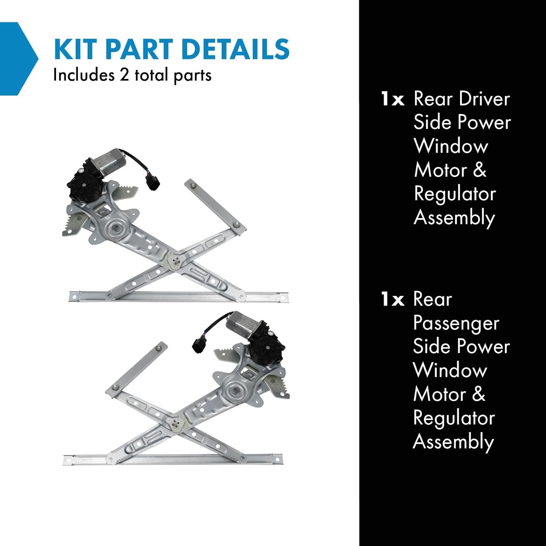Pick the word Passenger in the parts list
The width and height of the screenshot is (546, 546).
[x=456, y=324]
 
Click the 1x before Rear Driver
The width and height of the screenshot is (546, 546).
[x=392, y=99]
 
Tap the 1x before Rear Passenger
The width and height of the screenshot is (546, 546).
[x=392, y=300]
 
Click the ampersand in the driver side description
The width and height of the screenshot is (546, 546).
[x=479, y=170]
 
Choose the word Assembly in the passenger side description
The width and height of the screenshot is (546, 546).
[x=454, y=443]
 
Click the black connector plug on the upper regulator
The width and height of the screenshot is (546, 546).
[x=152, y=181]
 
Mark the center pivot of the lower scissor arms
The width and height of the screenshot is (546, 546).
[x=176, y=424]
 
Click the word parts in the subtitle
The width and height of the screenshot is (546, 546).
[x=193, y=76]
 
